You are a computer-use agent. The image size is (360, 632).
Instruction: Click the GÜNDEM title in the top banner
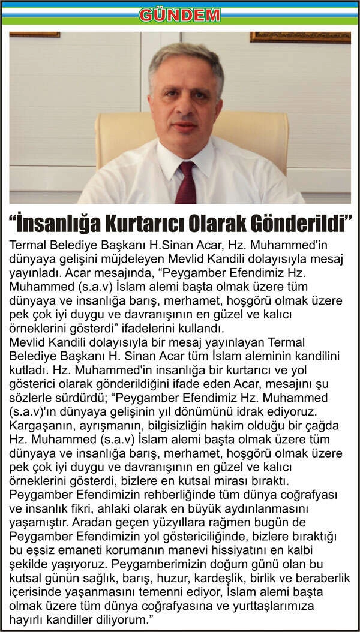point(179,14)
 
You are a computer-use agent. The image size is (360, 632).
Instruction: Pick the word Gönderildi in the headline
point(302,224)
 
